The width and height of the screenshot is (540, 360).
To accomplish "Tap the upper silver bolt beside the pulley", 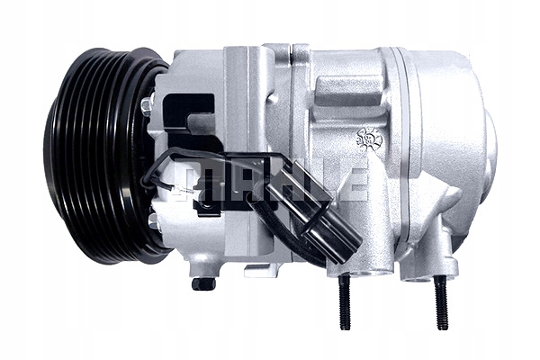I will pos(146,106).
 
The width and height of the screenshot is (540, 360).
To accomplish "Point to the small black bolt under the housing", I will pos(203,283).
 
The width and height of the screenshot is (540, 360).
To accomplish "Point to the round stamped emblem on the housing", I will pos(368,138).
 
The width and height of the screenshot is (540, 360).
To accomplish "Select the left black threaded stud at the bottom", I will pos(344,302).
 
